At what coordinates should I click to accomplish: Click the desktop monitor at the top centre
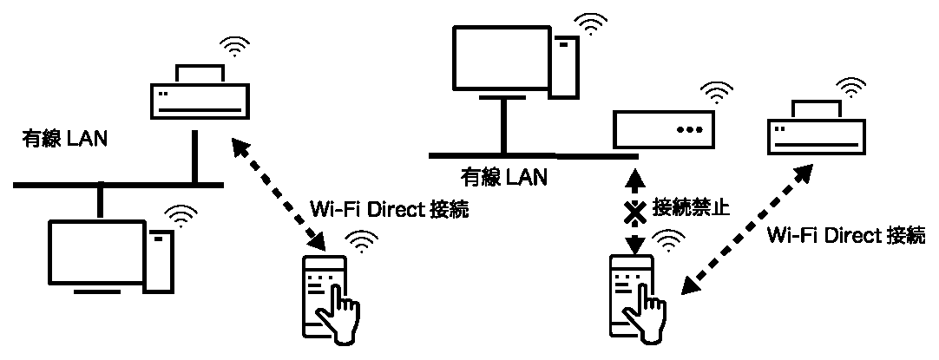tap(501, 58)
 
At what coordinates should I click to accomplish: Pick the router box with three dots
tap(663, 128)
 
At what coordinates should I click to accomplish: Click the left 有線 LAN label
tap(64, 139)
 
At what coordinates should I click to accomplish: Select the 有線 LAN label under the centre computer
tap(503, 178)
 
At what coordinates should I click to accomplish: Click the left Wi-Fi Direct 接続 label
tap(388, 211)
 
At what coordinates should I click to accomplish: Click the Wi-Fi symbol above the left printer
tap(233, 48)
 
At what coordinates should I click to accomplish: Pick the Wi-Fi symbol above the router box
tap(718, 91)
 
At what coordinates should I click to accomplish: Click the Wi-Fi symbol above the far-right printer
tap(851, 87)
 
